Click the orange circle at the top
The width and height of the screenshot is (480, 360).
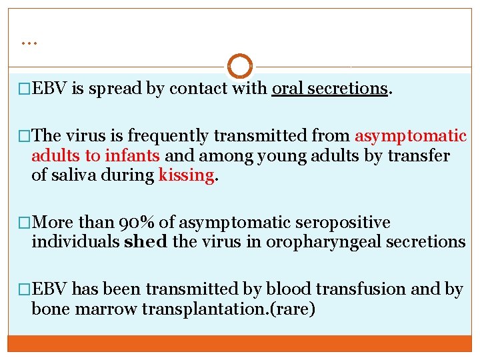240,67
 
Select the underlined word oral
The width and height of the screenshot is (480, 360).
287,88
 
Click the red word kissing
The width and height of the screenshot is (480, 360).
187,176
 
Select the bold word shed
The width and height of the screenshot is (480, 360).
146,242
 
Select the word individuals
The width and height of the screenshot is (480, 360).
76,242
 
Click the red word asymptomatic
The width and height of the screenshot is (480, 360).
411,136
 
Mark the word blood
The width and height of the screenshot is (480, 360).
284,289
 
